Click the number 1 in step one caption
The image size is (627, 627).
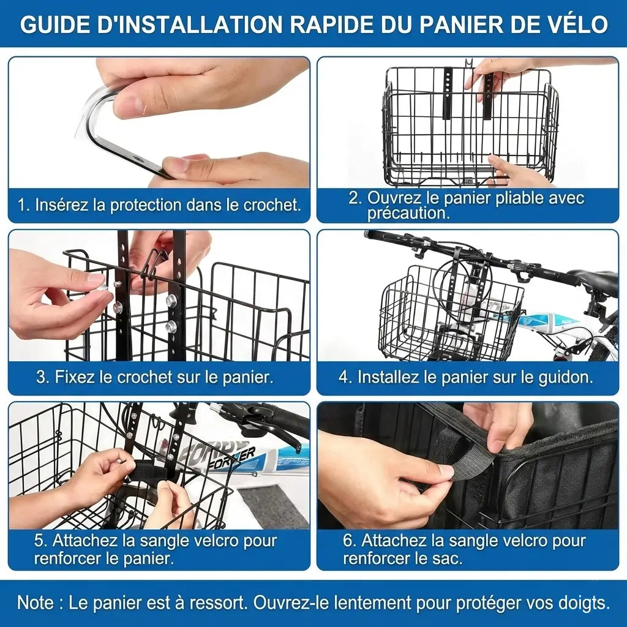pos(22,205)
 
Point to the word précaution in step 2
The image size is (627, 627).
pos(408,213)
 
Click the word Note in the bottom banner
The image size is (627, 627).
pos(36,603)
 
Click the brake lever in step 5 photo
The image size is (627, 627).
pos(276,435)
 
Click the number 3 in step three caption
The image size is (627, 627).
pos(41,377)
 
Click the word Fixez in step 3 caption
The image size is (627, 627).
pos(73,377)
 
